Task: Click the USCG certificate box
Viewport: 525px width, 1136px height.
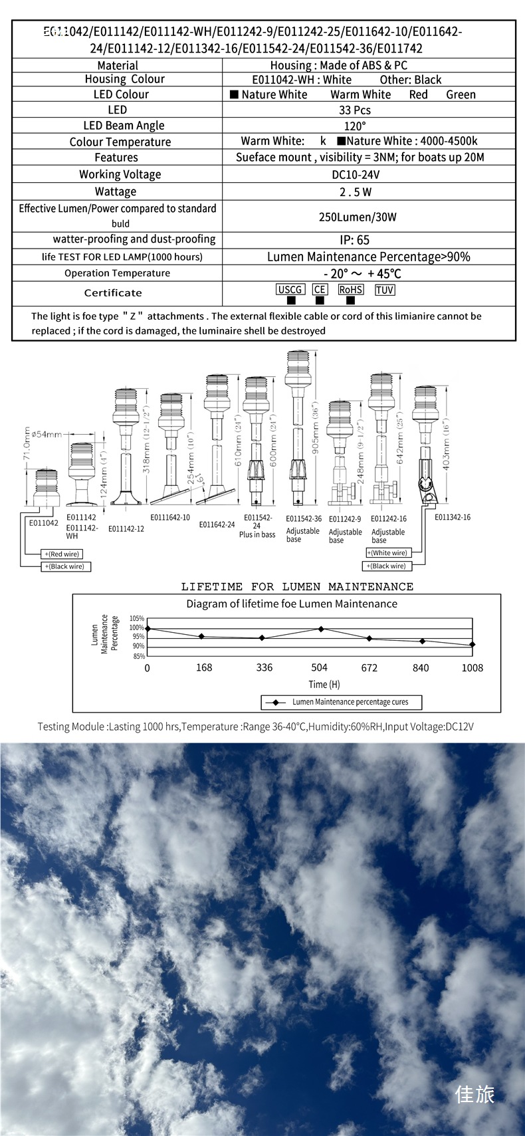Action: tap(290, 290)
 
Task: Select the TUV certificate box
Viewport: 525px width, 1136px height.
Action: tap(385, 290)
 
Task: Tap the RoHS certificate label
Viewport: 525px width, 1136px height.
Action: tap(350, 290)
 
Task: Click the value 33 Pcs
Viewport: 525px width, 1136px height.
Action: tap(355, 110)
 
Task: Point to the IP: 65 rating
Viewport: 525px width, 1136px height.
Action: tap(354, 240)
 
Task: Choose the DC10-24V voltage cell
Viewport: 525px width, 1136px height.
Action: tap(356, 174)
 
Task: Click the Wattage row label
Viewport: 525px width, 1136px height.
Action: tap(116, 191)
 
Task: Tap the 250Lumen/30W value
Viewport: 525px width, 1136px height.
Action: tap(358, 217)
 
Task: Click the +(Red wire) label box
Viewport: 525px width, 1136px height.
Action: tap(62, 554)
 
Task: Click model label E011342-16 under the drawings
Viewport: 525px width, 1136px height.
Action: tap(453, 517)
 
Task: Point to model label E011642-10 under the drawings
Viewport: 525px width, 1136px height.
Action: tap(169, 517)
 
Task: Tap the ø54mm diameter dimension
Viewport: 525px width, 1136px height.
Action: tap(46, 435)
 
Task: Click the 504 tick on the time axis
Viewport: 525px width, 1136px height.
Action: tap(320, 667)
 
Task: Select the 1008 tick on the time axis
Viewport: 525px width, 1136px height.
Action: tap(472, 667)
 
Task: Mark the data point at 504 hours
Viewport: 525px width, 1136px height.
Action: tap(321, 628)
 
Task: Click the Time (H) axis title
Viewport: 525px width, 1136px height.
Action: tap(324, 684)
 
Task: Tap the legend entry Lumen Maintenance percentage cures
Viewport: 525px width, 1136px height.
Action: tap(350, 702)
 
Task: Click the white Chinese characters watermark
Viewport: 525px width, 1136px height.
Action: tap(474, 1094)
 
